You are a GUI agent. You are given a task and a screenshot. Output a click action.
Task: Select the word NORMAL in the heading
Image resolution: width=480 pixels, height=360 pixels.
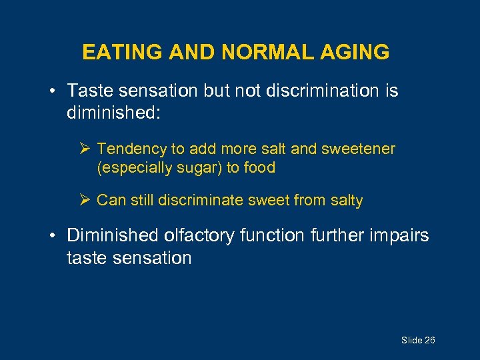pos(255,52)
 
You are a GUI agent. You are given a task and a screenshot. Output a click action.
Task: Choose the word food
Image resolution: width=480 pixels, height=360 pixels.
pos(259,167)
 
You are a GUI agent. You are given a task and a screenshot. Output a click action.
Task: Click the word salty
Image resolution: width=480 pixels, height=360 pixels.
pos(343,200)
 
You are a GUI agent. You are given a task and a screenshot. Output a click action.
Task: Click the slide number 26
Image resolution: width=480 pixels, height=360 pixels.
pos(429,341)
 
